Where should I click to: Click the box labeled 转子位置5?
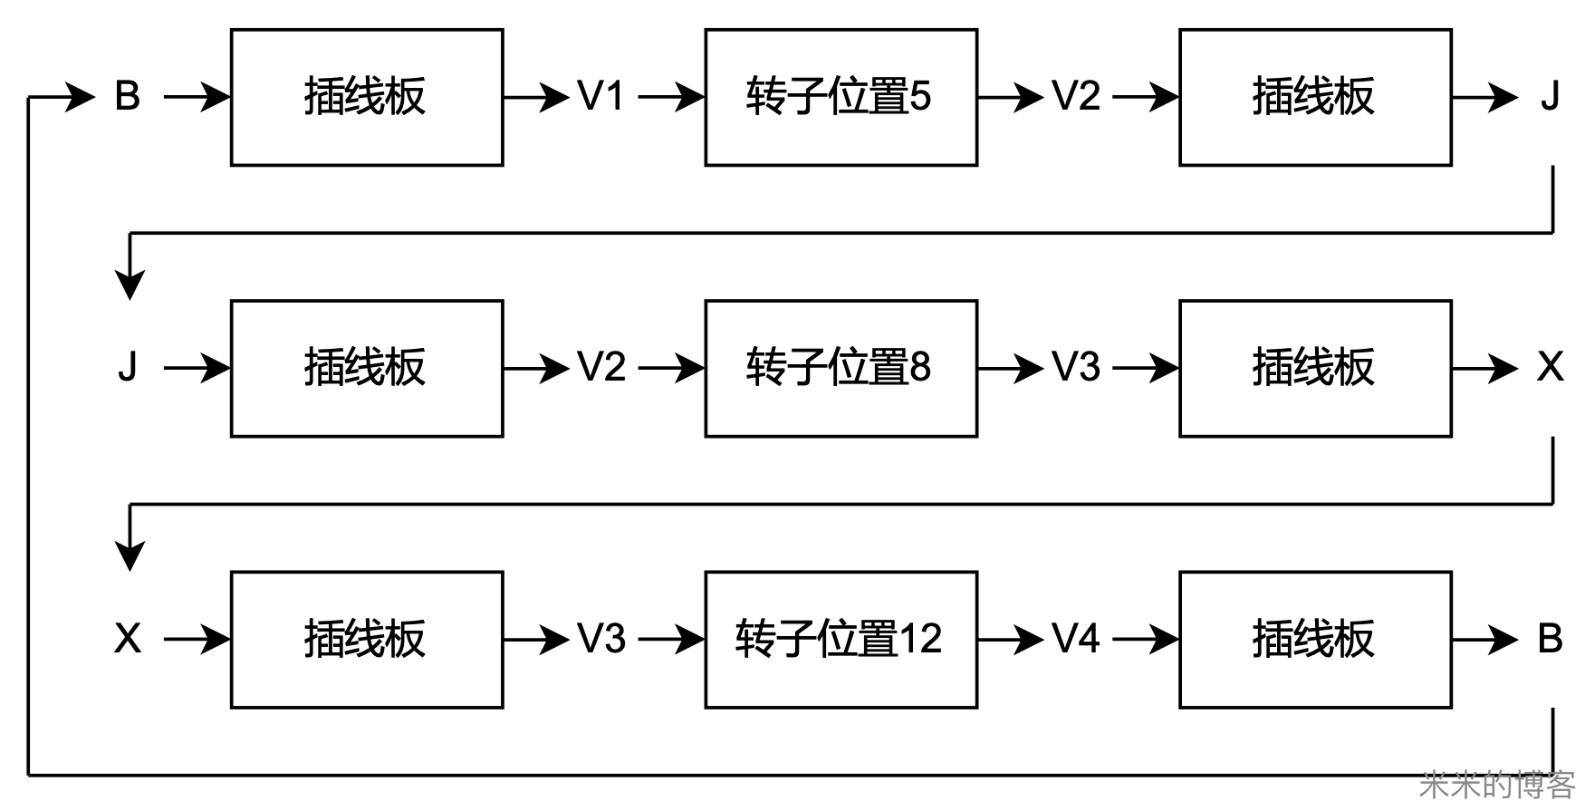point(841,97)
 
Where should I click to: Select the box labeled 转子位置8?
point(841,368)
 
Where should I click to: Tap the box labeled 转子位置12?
point(841,639)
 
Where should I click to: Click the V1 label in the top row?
point(601,96)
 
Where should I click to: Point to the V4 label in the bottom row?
point(1076,639)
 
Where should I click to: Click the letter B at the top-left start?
point(128,96)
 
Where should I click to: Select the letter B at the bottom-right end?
point(1550,639)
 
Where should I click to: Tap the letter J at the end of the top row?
point(1550,96)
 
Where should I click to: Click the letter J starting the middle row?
point(128,368)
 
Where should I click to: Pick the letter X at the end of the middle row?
point(1550,368)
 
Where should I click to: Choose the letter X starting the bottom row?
point(128,639)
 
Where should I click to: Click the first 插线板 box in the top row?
point(367,97)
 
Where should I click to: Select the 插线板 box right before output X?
point(1315,368)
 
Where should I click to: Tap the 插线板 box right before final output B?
point(1315,639)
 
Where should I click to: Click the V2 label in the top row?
point(1076,96)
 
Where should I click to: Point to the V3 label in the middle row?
point(1076,368)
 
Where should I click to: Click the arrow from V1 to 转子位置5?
point(671,96)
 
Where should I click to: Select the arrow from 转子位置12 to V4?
point(1010,639)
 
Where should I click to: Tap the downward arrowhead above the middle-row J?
point(130,284)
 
